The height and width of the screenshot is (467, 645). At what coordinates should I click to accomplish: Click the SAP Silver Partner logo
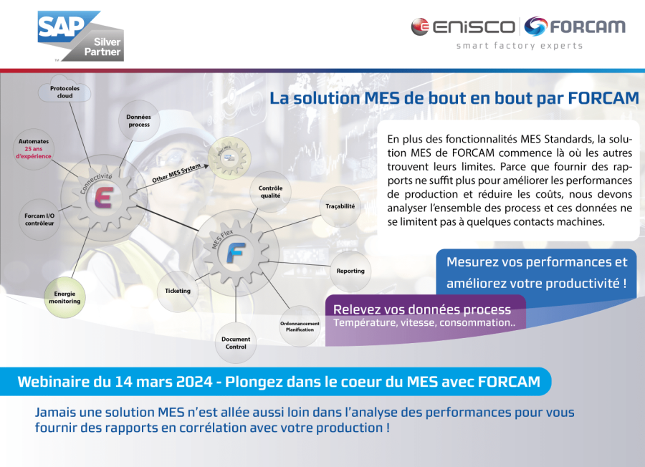pos(80,35)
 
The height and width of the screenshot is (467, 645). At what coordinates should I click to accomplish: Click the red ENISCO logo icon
pos(420,27)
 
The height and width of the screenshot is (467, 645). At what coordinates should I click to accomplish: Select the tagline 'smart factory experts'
pos(520,46)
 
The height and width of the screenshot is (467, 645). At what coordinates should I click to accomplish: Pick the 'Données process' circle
pos(139,120)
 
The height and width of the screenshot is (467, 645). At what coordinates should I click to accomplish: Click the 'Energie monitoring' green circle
pos(65,297)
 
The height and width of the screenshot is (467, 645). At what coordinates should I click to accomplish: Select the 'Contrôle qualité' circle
pos(270,191)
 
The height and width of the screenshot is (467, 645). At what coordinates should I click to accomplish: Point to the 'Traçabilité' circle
pos(340,206)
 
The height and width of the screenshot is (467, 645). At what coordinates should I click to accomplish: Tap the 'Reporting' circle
pos(350,271)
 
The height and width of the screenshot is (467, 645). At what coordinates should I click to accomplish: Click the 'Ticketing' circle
pos(178,291)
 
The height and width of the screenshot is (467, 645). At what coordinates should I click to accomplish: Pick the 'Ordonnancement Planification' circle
pos(300,327)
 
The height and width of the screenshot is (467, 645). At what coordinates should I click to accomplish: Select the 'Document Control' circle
pos(235,342)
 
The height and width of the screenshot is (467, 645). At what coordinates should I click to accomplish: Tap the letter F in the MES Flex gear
pos(235,253)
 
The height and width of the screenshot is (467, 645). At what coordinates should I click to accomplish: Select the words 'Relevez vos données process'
pos(422,309)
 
